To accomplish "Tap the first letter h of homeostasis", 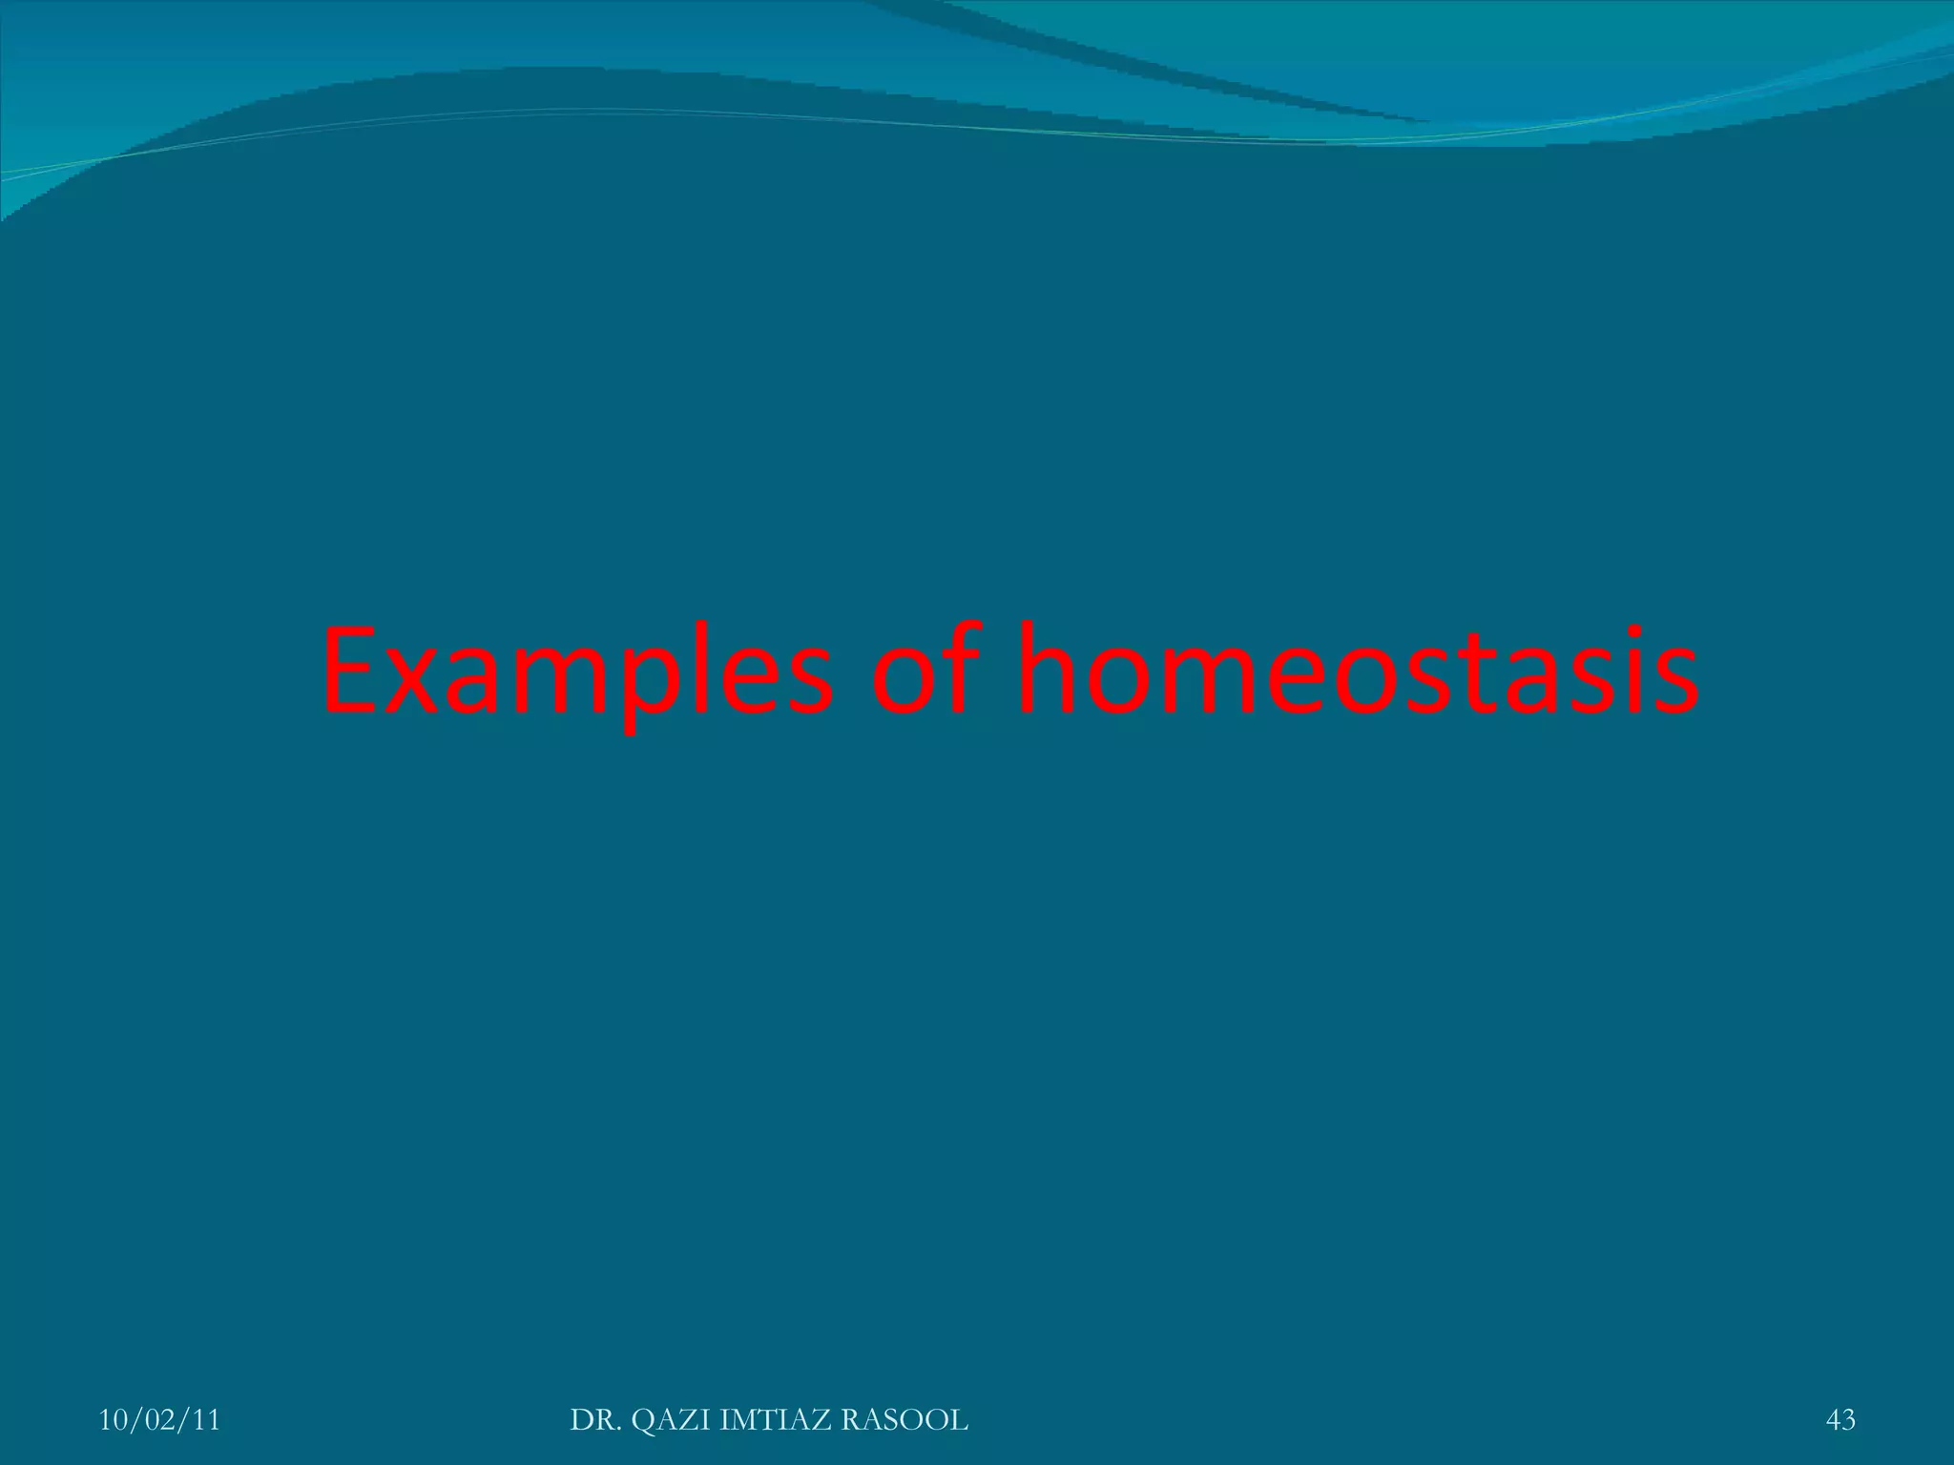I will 1050,668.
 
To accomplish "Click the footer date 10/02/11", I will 159,1420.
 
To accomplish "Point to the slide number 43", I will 1840,1420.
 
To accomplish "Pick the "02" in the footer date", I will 159,1420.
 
